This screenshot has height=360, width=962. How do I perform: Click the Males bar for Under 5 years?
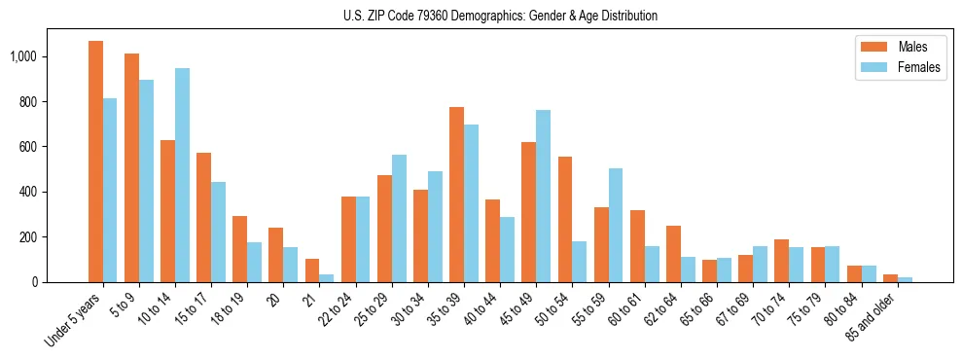95,162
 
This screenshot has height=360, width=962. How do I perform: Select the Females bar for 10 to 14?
183,175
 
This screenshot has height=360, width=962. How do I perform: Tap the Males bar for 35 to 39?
456,195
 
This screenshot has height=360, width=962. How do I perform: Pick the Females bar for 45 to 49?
543,196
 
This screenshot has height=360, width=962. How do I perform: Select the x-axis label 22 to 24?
333,310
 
